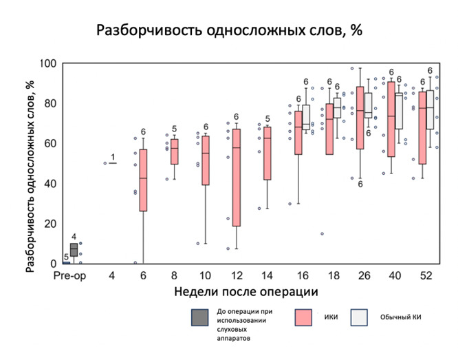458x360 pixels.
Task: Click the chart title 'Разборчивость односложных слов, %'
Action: (x=229, y=31)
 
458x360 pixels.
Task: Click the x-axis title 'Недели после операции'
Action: (x=246, y=292)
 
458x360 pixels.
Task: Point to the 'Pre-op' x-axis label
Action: (x=69, y=275)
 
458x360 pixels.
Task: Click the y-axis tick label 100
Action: (x=48, y=63)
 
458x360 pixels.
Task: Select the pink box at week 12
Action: (x=236, y=177)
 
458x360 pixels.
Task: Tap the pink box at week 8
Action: (x=174, y=151)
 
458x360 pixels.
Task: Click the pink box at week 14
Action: (x=267, y=153)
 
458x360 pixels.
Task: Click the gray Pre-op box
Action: (x=74, y=250)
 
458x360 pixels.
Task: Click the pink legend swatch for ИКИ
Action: (x=304, y=317)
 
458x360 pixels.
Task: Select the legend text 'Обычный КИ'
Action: (x=399, y=317)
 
